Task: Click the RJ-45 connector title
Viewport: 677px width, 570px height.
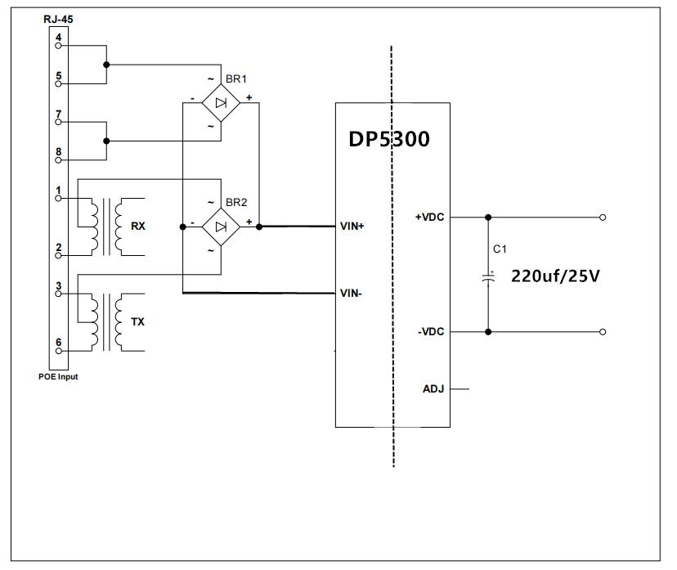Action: tap(58, 19)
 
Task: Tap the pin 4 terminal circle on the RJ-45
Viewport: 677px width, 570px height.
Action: tap(58, 45)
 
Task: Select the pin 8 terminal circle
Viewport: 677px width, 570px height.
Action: tap(58, 160)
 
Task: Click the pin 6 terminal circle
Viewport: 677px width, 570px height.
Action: tap(58, 351)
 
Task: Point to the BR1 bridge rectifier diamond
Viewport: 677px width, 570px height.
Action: tap(221, 103)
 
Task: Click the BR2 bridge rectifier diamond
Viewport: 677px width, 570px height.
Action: tap(221, 227)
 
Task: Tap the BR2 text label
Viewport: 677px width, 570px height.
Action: tap(236, 202)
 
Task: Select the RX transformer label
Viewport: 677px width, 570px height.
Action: tap(138, 226)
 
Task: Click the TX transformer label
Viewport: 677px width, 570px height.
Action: tap(137, 321)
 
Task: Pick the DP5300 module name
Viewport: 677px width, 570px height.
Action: tap(389, 139)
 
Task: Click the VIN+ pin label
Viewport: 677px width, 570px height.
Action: tap(352, 226)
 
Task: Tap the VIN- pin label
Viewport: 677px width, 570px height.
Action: tap(351, 294)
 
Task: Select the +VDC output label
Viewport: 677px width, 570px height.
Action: tap(429, 218)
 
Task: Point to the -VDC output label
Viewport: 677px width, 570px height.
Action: tap(431, 332)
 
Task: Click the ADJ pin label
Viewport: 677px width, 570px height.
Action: tap(433, 389)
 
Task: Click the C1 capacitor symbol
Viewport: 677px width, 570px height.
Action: tap(488, 277)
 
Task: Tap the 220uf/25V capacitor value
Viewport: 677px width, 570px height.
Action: tap(555, 276)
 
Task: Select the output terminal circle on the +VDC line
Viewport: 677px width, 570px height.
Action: tap(603, 218)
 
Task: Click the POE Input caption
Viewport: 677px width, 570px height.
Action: tap(58, 376)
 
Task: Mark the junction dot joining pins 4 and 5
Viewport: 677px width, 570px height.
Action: tap(106, 65)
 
